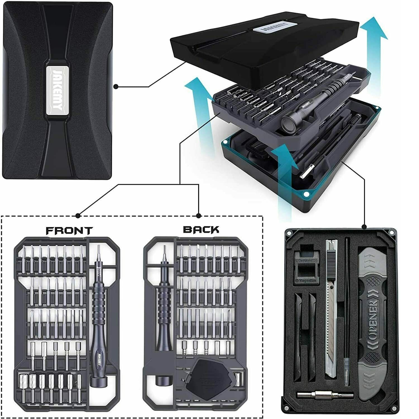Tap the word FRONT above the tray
click(x=69, y=231)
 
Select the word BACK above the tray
click(x=201, y=229)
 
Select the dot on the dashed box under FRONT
click(x=78, y=216)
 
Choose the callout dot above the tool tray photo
click(x=364, y=226)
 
